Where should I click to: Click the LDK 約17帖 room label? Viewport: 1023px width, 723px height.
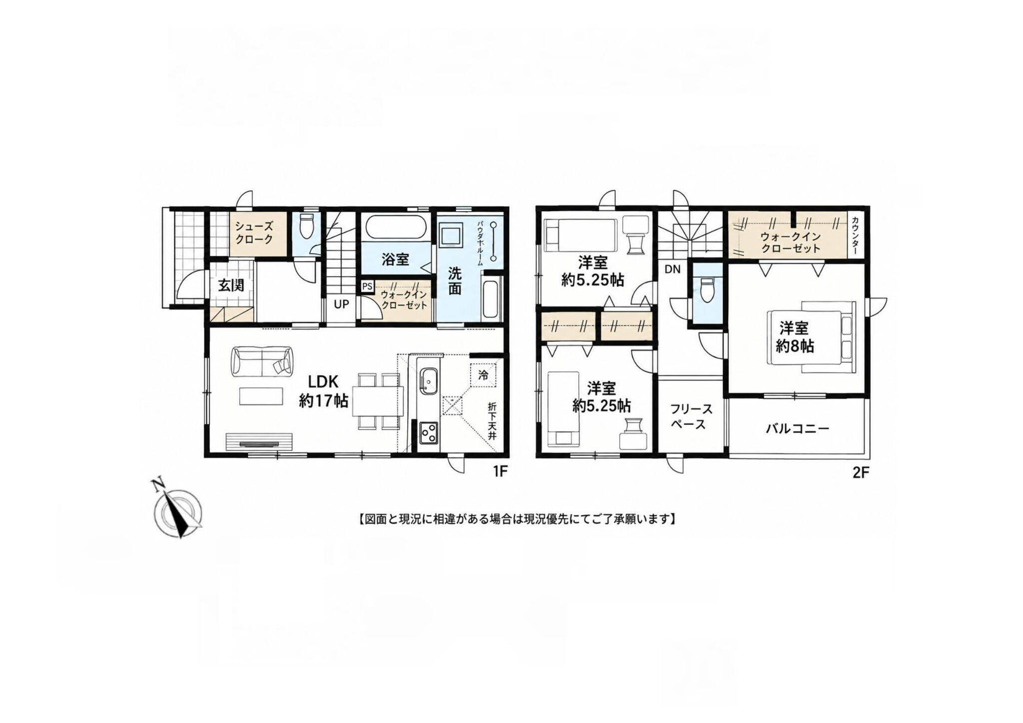[324, 391]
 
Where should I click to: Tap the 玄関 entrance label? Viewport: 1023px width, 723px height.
[231, 286]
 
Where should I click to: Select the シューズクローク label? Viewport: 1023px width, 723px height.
[254, 232]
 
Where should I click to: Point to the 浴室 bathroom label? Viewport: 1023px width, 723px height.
[395, 259]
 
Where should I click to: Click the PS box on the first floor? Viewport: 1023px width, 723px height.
[367, 287]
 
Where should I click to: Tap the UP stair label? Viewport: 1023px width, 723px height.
[341, 304]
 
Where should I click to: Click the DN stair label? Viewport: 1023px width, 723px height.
[672, 270]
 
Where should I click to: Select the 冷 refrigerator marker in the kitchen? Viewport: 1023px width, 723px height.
[483, 374]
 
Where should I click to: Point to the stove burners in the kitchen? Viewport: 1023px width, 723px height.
[429, 433]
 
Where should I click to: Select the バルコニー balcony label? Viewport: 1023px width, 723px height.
[798, 429]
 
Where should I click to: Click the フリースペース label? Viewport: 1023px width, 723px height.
[691, 417]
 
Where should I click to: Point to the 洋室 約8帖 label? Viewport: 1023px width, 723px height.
[795, 338]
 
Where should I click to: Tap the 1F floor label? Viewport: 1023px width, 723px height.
[500, 472]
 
